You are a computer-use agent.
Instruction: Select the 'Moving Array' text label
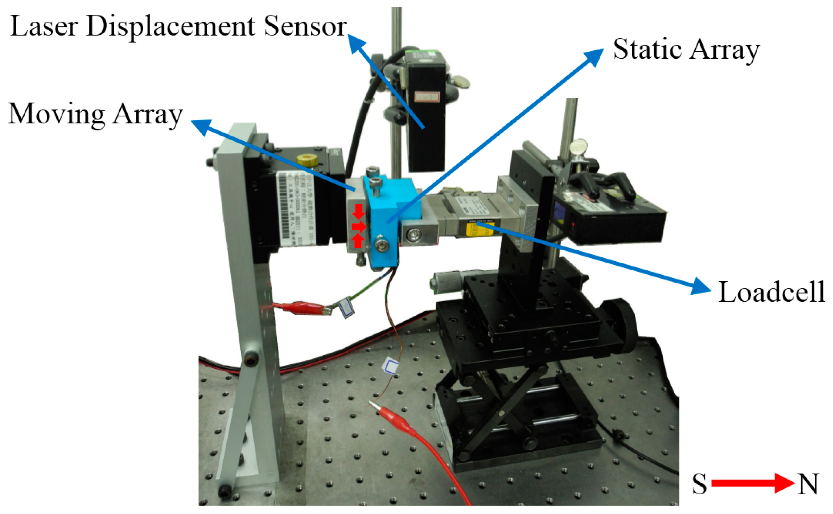95,115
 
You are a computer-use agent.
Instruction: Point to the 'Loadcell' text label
771,292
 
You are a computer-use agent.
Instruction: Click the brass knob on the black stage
307,160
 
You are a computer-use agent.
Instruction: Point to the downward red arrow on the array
359,211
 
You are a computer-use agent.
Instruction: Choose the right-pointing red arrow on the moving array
359,226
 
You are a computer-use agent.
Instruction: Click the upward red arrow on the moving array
358,241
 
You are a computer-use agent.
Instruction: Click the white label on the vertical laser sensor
427,96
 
